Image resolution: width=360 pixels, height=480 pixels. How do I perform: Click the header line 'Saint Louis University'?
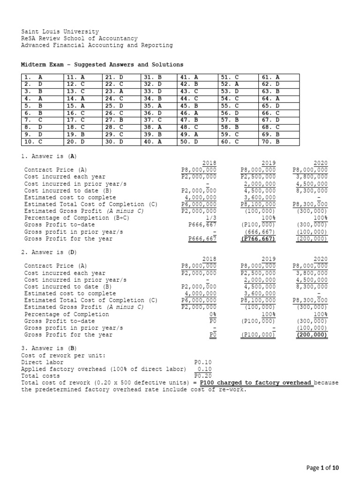[x=60, y=31]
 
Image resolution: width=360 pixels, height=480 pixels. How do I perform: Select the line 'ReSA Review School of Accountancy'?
[x=80, y=38]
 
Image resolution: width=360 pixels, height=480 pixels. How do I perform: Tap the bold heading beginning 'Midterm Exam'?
[x=102, y=64]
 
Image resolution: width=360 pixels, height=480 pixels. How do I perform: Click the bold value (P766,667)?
[x=258, y=239]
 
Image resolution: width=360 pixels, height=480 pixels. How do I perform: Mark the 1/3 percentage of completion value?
[x=210, y=218]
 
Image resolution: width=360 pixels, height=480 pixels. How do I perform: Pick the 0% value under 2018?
[x=212, y=314]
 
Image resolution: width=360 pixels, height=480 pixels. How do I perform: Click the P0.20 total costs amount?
[x=203, y=376]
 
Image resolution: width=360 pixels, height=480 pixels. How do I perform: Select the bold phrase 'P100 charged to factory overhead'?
[x=255, y=383]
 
